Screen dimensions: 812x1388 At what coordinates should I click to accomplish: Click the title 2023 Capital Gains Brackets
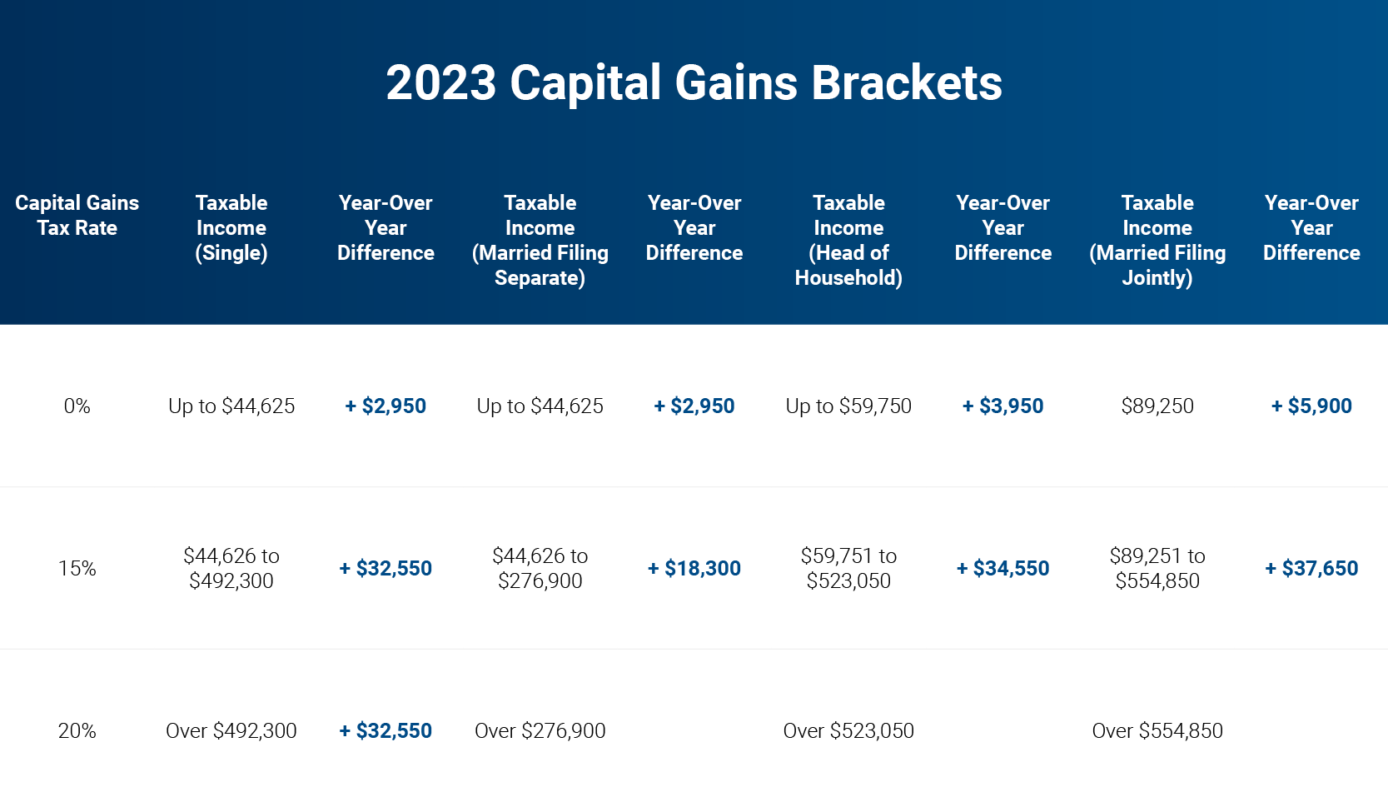point(694,83)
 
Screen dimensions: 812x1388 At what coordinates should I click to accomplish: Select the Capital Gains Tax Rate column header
point(77,215)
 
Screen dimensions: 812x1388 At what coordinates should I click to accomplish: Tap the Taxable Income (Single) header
point(231,227)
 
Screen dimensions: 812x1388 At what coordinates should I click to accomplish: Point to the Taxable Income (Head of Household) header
point(848,240)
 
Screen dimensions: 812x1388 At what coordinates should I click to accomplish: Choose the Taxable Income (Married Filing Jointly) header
point(1157,240)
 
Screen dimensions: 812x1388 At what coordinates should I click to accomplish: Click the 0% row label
point(77,406)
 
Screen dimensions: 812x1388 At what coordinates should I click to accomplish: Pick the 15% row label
point(77,568)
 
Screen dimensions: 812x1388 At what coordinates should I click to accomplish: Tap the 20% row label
point(77,730)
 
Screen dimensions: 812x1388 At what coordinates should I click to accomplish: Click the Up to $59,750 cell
point(848,406)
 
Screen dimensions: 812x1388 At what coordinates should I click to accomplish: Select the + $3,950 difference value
point(1002,406)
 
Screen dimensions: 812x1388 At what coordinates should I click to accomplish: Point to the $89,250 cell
point(1157,406)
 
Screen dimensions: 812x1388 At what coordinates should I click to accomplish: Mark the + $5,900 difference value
point(1311,406)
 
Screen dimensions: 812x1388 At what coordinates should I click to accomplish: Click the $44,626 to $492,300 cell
point(231,568)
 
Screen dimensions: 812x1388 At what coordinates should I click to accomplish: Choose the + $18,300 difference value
point(694,568)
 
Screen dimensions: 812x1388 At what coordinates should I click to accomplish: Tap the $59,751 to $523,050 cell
point(848,568)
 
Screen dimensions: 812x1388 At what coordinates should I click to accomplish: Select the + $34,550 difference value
point(1002,568)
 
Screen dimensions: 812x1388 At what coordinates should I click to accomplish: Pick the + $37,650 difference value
point(1311,568)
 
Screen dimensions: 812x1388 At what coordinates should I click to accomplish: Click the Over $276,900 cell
point(540,730)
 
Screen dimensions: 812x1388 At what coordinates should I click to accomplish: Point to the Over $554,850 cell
point(1157,730)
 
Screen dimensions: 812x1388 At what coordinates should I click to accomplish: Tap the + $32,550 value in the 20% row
point(386,730)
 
